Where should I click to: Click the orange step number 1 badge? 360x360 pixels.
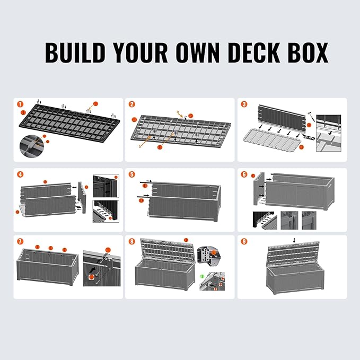[x=20, y=104]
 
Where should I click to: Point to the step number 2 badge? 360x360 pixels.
[x=131, y=104]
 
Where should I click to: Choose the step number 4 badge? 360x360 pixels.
[x=20, y=174]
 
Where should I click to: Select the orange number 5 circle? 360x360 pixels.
[x=131, y=174]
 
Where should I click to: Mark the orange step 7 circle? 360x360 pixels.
[x=20, y=241]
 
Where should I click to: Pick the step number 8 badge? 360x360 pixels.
[x=131, y=241]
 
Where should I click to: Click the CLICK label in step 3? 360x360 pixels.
[x=309, y=137]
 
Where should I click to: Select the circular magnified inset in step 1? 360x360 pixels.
[x=33, y=144]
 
